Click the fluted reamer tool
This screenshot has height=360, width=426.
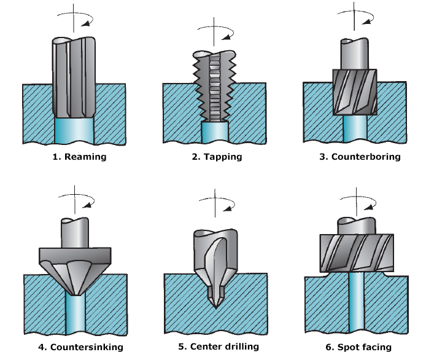click(x=74, y=77)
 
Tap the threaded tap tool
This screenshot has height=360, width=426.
click(x=214, y=86)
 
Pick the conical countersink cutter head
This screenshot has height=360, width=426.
click(x=75, y=270)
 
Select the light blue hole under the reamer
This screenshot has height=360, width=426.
click(x=74, y=130)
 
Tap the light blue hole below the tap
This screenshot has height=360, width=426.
click(x=214, y=132)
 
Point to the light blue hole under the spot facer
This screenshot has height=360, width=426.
click(x=355, y=304)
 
